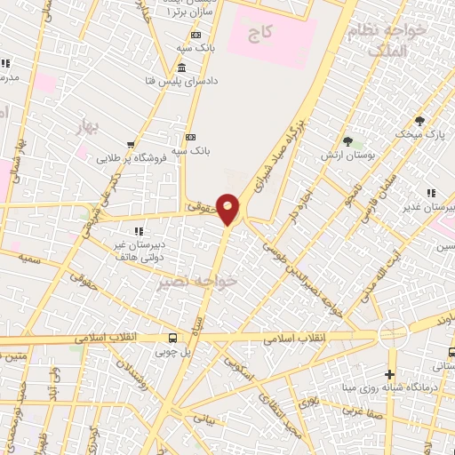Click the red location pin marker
(228, 209)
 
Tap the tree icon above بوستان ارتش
(347, 140)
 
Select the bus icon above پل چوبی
(173, 339)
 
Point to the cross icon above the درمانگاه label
(390, 374)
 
